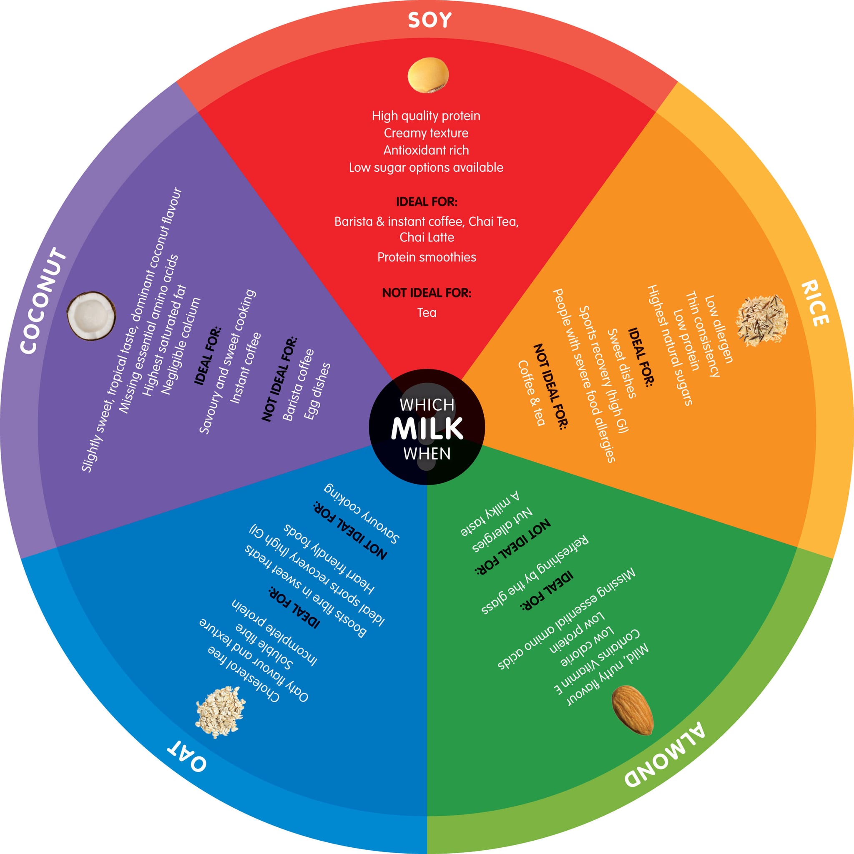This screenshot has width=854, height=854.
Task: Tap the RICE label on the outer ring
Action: (815, 303)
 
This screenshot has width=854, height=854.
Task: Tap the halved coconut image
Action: (91, 316)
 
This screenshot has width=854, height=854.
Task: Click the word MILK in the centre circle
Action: (427, 428)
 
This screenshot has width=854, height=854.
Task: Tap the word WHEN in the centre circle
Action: (427, 454)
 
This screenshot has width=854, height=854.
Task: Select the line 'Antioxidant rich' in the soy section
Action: (426, 150)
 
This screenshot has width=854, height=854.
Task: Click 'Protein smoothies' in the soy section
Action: (427, 257)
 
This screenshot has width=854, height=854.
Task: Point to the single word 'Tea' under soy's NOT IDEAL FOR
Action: (427, 312)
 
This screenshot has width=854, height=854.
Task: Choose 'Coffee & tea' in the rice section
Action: (531, 393)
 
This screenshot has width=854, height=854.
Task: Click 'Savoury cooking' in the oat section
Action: (362, 513)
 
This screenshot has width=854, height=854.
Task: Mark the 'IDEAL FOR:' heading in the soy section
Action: (427, 202)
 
